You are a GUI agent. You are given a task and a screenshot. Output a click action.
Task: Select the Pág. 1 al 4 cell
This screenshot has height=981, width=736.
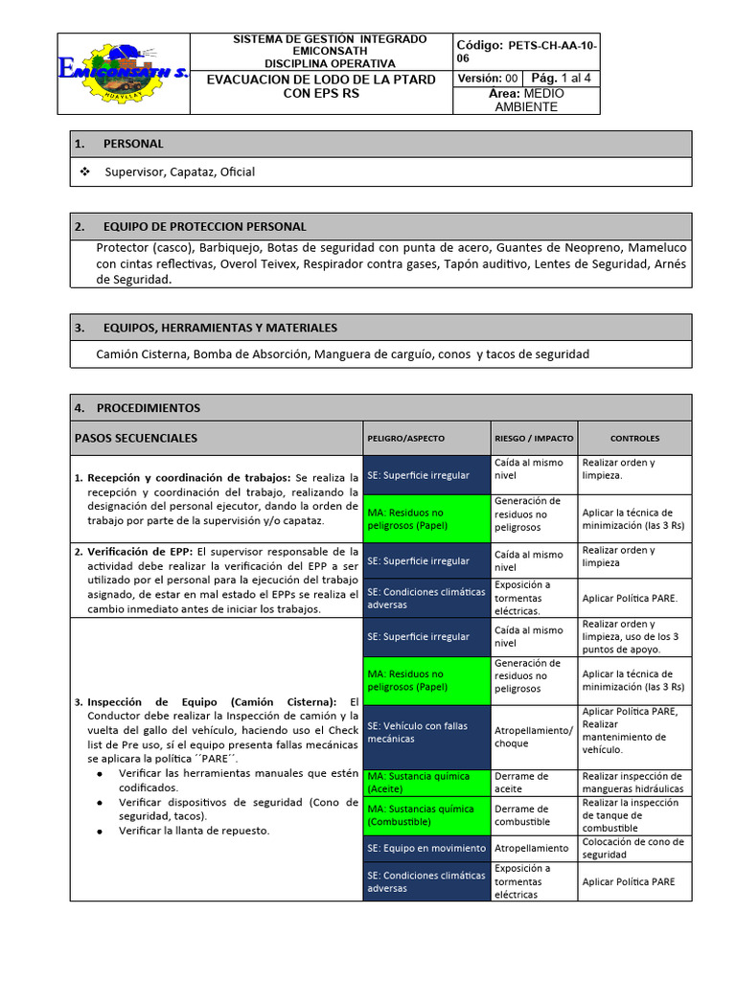(562, 79)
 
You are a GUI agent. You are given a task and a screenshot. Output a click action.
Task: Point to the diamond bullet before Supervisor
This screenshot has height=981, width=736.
(84, 171)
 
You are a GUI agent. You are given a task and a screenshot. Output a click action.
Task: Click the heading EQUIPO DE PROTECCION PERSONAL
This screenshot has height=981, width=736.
(204, 227)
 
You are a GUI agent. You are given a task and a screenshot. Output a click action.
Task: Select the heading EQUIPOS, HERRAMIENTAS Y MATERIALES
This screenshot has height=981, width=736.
(219, 328)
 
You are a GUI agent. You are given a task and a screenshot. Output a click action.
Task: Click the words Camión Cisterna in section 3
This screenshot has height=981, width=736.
(142, 354)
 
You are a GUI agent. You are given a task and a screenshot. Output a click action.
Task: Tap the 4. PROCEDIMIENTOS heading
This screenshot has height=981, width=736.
(149, 407)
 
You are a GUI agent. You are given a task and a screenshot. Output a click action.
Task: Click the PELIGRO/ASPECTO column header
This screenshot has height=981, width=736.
(405, 439)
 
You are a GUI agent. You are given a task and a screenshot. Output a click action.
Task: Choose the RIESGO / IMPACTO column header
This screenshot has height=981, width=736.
(534, 439)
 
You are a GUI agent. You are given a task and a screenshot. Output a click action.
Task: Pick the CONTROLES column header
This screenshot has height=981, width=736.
(634, 439)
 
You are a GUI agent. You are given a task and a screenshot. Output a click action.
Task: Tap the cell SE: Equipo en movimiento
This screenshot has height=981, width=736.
(425, 848)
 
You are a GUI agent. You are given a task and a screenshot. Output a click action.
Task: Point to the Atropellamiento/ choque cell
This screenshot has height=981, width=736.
(533, 737)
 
